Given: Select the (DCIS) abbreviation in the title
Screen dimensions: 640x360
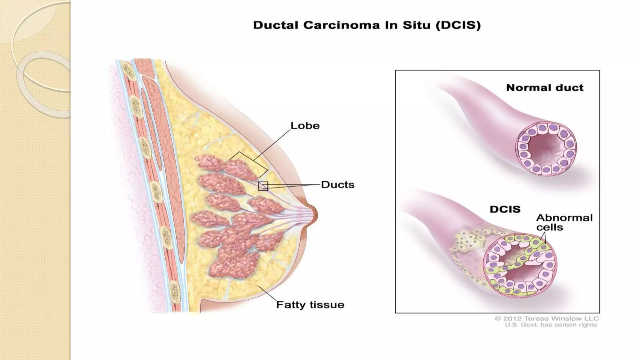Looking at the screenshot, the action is [x=458, y=25].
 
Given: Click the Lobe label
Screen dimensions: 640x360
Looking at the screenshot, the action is [x=305, y=126].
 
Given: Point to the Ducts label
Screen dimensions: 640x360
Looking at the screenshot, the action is [x=337, y=185].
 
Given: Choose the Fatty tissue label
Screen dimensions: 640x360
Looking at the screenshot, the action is [x=310, y=305].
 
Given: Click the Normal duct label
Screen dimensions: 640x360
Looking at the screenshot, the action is [x=545, y=88].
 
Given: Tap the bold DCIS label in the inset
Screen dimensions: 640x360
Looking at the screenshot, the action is [x=505, y=209].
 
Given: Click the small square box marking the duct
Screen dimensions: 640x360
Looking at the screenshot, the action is [x=263, y=186].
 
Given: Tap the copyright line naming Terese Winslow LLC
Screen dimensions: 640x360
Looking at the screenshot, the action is [x=547, y=319].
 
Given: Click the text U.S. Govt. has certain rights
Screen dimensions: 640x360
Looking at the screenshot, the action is [x=551, y=325].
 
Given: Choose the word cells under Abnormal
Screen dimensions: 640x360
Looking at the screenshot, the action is [x=549, y=227].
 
